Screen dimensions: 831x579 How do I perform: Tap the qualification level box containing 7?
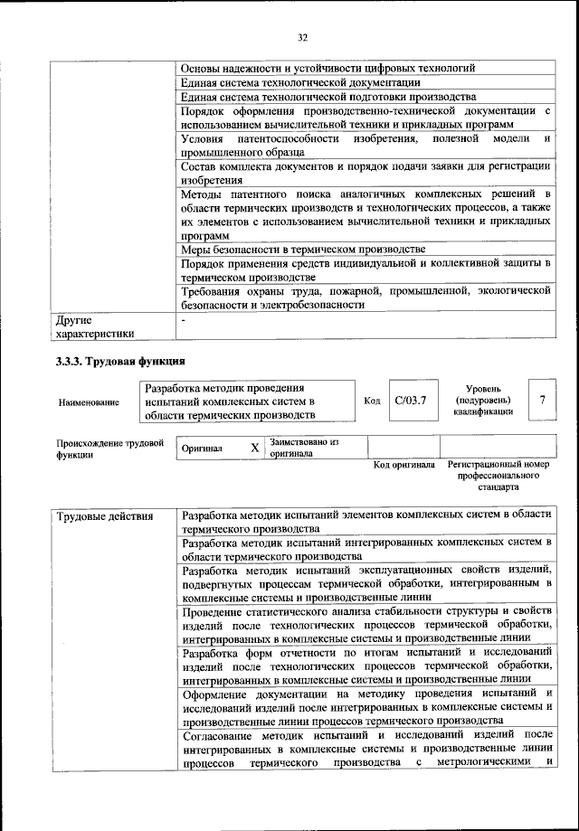pos(541,399)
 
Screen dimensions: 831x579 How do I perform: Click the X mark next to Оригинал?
pos(254,448)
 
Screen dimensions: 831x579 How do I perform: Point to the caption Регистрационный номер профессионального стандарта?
pos(499,475)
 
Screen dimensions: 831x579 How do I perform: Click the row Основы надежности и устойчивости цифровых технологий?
pos(328,68)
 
